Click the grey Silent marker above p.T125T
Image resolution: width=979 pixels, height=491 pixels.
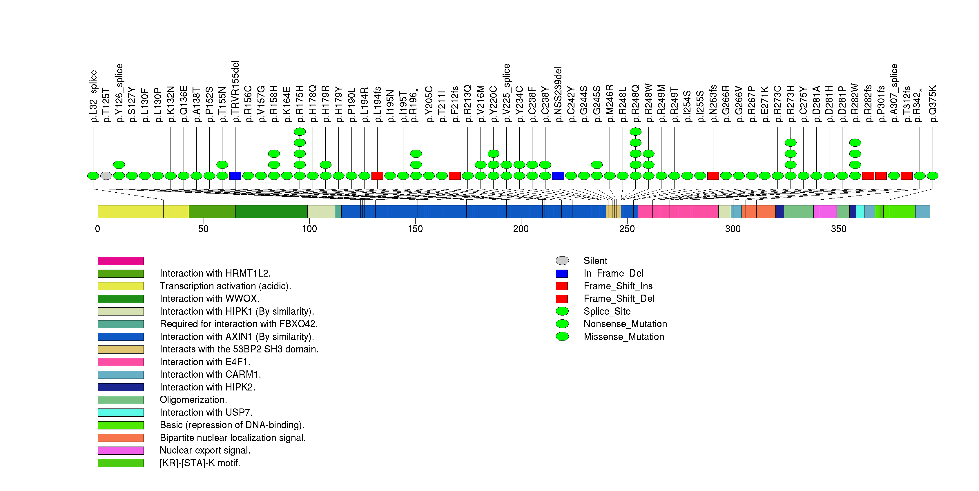point(106,176)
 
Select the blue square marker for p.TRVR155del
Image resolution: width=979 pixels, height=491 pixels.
point(235,176)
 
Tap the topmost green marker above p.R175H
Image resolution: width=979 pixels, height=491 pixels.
point(300,132)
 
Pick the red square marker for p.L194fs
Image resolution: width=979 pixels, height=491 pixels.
point(377,176)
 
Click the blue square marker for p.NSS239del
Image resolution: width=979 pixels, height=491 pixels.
point(558,176)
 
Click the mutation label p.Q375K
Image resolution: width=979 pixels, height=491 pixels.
point(933,103)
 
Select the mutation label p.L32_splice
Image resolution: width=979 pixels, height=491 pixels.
point(93,96)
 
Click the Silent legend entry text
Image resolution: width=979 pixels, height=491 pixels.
point(595,261)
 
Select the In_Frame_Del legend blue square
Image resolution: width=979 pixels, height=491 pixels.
point(562,274)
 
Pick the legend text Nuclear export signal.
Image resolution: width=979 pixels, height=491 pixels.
point(205,450)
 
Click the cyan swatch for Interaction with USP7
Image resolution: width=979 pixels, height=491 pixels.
point(120,413)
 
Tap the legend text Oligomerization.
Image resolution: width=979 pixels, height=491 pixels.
point(193,400)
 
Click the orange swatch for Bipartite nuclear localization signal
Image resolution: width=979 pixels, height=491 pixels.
point(120,438)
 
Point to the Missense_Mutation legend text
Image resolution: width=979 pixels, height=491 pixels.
point(624,337)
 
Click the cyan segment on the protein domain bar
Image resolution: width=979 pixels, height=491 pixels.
point(860,212)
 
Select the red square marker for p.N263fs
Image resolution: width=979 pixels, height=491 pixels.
point(713,176)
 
